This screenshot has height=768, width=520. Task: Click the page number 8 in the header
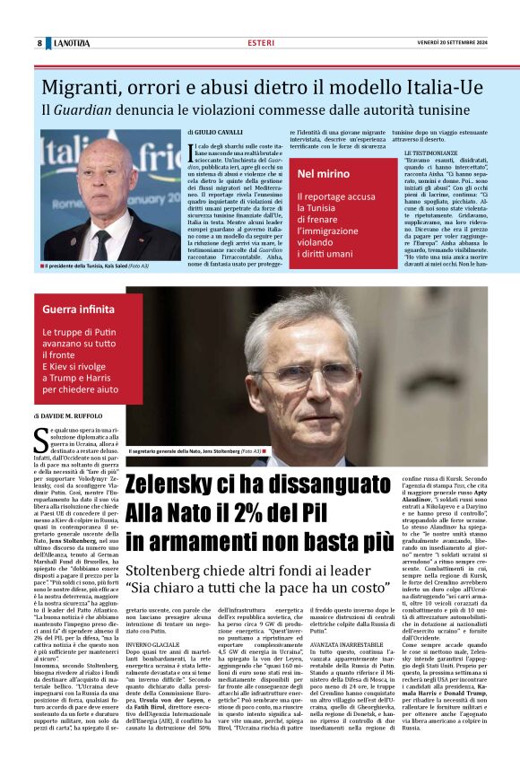coord(39,43)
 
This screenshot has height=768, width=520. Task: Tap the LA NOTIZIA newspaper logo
coord(71,43)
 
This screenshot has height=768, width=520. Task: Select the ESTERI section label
coord(261,43)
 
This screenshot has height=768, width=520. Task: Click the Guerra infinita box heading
coord(79,310)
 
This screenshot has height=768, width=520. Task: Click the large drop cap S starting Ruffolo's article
coord(39,440)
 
